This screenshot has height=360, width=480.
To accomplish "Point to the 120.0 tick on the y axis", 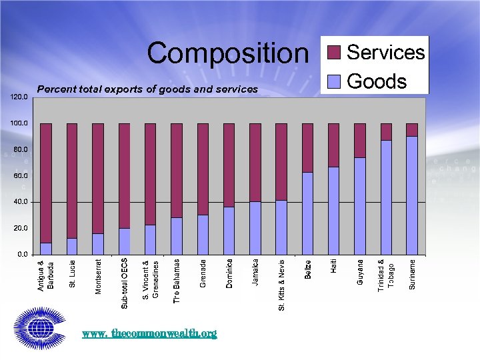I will point(19,97).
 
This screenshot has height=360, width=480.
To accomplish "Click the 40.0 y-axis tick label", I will point(19,201).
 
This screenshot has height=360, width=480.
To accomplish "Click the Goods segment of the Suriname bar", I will point(412,195).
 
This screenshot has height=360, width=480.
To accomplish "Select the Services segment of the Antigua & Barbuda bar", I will point(46,183).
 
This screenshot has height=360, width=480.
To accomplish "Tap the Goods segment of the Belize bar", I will point(307,213).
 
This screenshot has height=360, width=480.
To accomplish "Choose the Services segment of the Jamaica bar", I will point(255,162).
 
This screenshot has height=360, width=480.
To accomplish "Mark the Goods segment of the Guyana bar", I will point(360,205).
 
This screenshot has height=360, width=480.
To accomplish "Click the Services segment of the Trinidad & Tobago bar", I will point(386,132).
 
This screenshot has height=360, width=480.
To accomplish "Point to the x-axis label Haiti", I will point(334,266).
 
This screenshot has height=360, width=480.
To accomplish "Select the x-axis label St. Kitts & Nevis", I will point(281,285).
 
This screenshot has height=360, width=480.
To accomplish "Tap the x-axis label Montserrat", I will point(99,275).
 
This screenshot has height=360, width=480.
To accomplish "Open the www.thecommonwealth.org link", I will point(149,333).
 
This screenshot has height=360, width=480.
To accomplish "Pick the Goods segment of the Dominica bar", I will point(229,230).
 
